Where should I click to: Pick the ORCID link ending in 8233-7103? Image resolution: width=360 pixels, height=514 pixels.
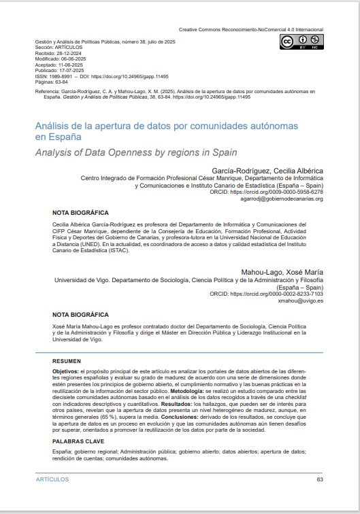click(276, 294)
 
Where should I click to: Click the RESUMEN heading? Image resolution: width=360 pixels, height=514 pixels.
click(67, 360)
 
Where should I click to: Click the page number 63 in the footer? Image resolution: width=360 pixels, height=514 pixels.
click(320, 479)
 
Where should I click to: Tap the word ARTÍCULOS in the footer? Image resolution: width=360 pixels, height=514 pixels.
click(52, 479)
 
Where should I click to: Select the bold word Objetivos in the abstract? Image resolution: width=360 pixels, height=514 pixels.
click(66, 371)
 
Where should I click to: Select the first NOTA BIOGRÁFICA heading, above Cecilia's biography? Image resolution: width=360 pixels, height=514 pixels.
click(80, 213)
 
